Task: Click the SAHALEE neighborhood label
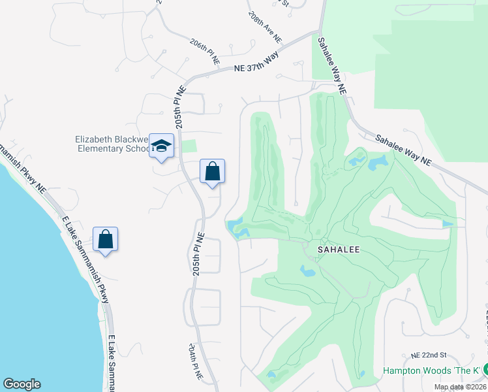(x=339, y=250)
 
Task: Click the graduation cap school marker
(x=161, y=146)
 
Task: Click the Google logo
(x=22, y=384)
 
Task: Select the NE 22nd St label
(x=428, y=355)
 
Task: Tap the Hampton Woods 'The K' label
(x=432, y=370)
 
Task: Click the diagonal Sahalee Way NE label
(x=403, y=150)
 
